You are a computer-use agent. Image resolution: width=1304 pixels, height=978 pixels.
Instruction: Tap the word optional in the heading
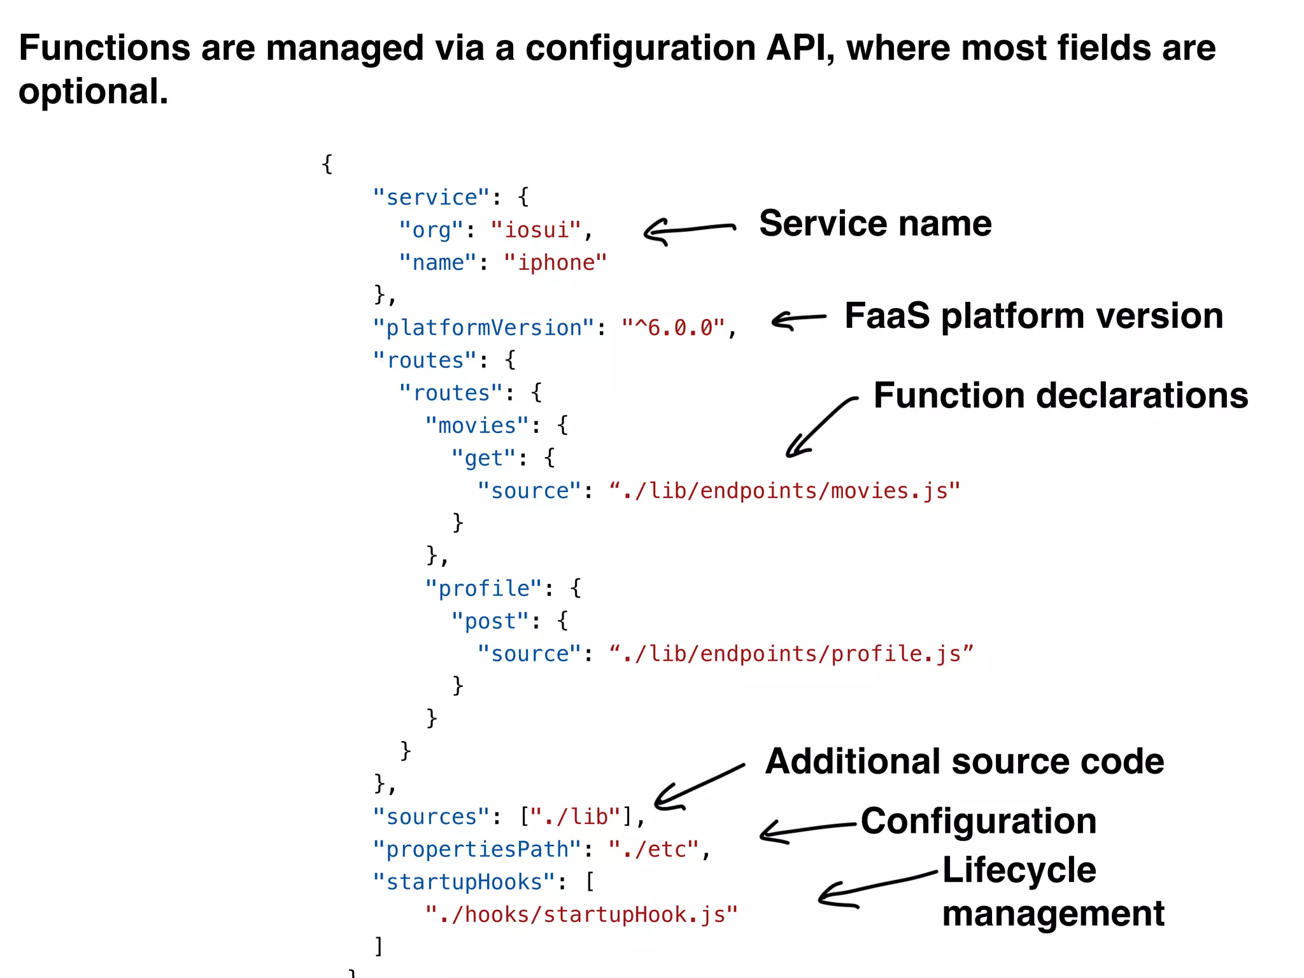[x=93, y=92]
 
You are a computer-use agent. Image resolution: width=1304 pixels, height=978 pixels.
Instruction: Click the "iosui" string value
[x=535, y=230]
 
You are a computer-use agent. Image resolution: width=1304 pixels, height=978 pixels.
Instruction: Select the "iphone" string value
[x=555, y=262]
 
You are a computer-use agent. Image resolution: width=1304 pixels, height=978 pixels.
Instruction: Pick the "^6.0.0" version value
[x=674, y=328]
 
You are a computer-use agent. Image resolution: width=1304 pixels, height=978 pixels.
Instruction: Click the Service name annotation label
[x=875, y=223]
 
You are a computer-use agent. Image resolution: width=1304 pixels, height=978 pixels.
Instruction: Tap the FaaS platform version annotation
[x=1033, y=316]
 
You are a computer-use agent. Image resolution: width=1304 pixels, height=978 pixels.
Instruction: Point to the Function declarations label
[x=1060, y=395]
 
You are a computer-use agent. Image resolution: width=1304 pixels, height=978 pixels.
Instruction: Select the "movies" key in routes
[x=477, y=425]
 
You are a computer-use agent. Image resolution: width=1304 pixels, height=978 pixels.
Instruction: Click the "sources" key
[x=431, y=817]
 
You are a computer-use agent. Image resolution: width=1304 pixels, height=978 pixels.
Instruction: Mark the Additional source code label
[x=964, y=762]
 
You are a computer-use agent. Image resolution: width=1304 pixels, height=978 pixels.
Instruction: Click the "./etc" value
[x=654, y=849]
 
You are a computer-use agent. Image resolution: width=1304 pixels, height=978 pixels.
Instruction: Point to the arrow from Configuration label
[x=806, y=830]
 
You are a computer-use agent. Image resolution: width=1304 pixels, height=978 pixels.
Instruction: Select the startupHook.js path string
[x=581, y=915]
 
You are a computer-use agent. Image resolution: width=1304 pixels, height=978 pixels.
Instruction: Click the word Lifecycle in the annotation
[x=1019, y=870]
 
